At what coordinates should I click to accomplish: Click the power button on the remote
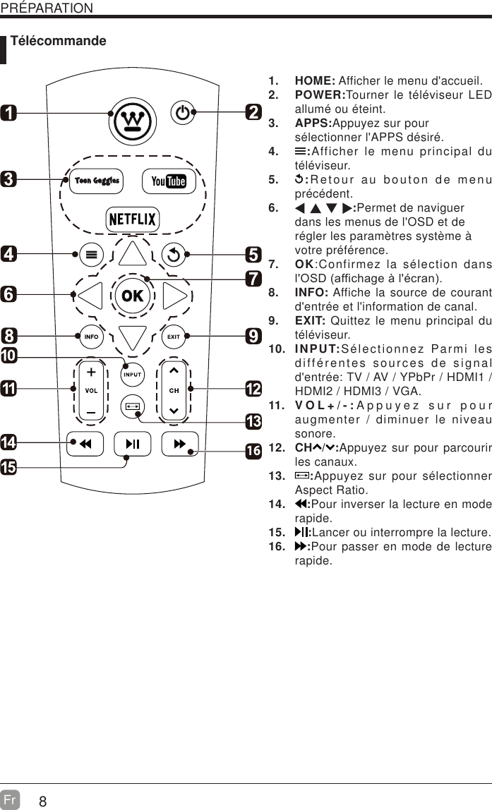coord(183,113)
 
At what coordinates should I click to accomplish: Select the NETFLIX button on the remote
coord(132,219)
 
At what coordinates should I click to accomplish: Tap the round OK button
coord(132,296)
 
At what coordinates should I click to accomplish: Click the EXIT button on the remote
coord(173,337)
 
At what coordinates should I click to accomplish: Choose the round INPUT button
coord(133,374)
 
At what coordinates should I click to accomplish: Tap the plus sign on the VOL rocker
coord(91,371)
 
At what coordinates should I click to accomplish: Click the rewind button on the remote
coord(85,444)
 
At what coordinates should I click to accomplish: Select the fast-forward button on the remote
coord(179,444)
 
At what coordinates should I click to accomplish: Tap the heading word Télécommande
coord(59,41)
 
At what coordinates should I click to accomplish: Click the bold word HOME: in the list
coord(314,80)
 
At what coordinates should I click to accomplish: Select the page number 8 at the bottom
coord(43,802)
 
